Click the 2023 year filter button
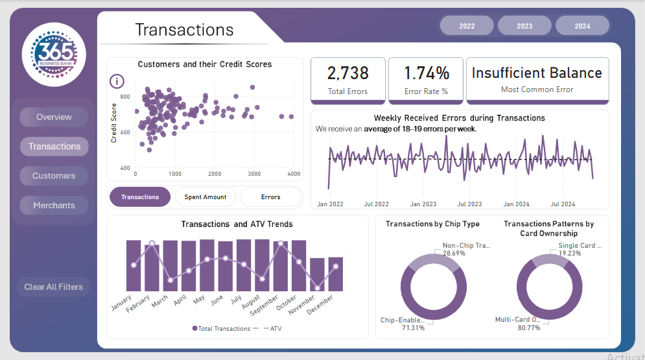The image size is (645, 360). [x=524, y=26]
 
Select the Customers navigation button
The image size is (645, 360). [x=54, y=176]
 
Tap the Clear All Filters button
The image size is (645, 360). [x=54, y=287]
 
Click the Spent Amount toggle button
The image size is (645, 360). [x=205, y=197]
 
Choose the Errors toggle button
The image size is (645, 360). [x=271, y=197]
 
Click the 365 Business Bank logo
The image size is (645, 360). [x=54, y=54]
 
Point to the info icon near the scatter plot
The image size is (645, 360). [x=117, y=81]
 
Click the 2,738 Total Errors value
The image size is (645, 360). [x=348, y=73]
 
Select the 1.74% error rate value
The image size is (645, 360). [x=426, y=73]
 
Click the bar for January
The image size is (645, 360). [x=134, y=266]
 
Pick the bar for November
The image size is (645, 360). [x=317, y=274]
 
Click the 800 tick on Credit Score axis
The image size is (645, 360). [x=125, y=97]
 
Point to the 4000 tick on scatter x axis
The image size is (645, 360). [x=294, y=174]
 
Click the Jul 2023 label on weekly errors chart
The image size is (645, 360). [x=469, y=204]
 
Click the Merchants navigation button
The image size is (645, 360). [x=54, y=206]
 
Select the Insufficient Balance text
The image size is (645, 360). [x=537, y=73]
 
